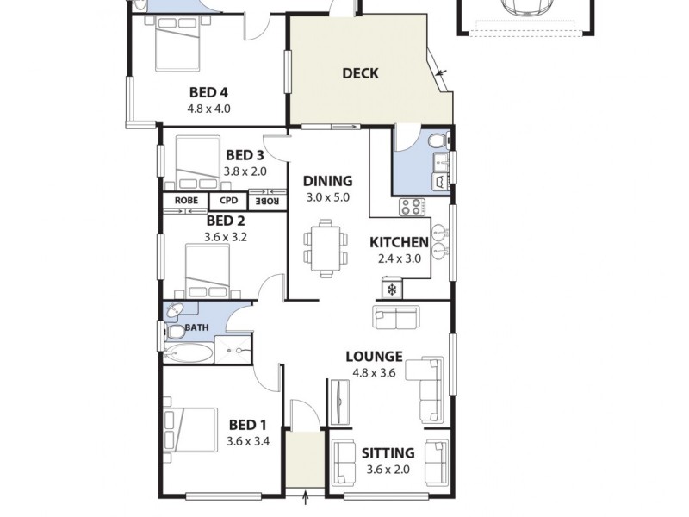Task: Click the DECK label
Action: pyautogui.click(x=360, y=73)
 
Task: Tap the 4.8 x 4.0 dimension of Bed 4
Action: pyautogui.click(x=208, y=109)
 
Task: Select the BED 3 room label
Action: pyautogui.click(x=245, y=155)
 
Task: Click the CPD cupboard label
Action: pyautogui.click(x=228, y=201)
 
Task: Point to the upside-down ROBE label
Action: pyautogui.click(x=265, y=201)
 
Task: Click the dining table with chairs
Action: pyautogui.click(x=326, y=248)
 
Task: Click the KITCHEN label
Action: pyautogui.click(x=399, y=242)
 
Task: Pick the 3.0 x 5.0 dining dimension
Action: pyautogui.click(x=327, y=197)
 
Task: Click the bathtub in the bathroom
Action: pyautogui.click(x=187, y=353)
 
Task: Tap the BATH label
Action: pyautogui.click(x=196, y=327)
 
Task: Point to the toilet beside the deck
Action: pyautogui.click(x=436, y=140)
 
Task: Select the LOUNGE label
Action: pyautogui.click(x=374, y=356)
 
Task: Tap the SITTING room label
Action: pyautogui.click(x=388, y=452)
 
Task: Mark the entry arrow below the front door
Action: pyautogui.click(x=307, y=497)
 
